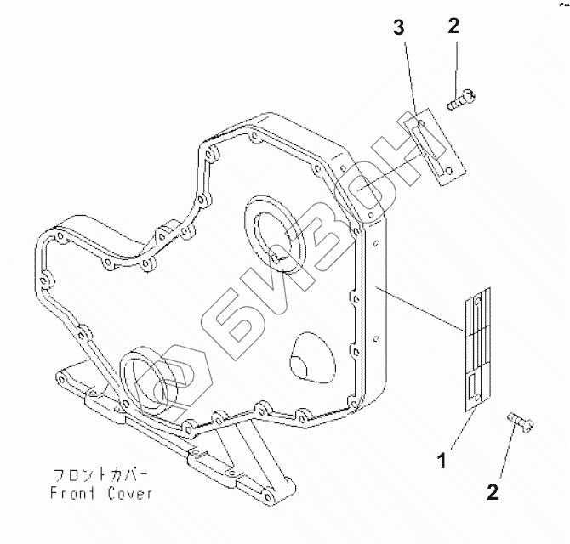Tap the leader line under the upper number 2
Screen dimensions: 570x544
(458, 64)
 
